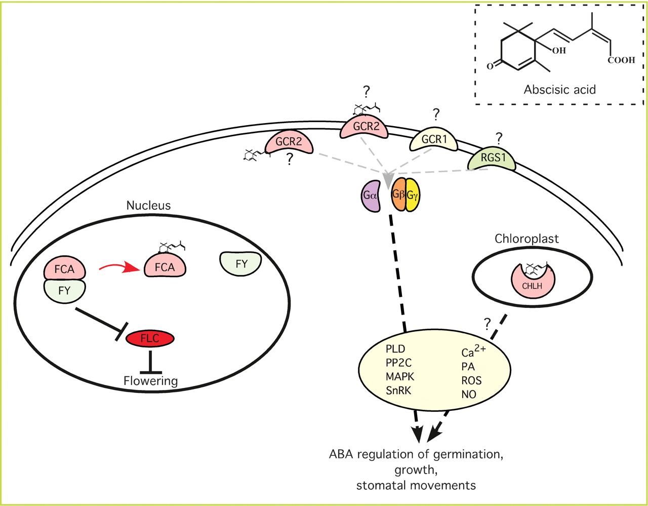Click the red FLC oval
150,339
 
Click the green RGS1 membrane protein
493,159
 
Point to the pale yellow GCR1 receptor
433,139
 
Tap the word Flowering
150,381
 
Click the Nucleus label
148,205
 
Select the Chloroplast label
527,239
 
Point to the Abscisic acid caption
559,90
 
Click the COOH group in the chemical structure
621,60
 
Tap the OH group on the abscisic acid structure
559,51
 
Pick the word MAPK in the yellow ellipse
400,376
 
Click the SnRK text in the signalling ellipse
398,391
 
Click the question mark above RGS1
499,137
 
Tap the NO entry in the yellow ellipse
469,394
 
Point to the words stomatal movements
416,486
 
